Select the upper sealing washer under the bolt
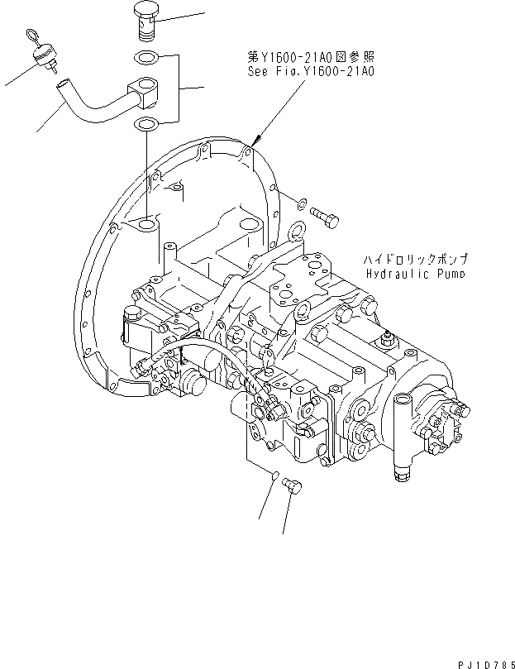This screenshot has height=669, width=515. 146,58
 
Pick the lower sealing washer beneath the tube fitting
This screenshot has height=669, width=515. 146,125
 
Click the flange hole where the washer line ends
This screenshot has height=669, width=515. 147,224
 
